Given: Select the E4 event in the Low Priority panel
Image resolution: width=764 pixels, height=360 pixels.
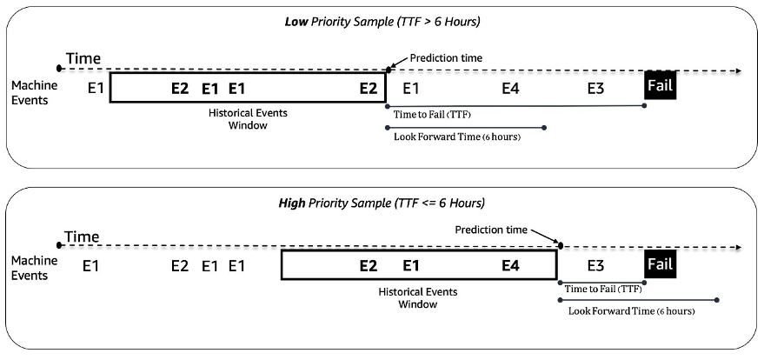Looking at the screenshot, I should coord(511,88).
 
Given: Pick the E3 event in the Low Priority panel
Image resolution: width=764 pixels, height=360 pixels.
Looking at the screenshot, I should coord(595,88).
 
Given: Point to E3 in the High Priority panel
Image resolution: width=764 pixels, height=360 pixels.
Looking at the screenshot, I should coord(596,265).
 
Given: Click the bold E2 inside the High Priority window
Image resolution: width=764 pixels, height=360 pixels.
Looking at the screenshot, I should coord(369,265).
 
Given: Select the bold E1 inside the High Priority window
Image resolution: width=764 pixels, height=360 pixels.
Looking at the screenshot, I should coord(411,265).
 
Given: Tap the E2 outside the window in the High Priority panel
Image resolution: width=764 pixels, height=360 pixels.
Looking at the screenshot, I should coord(180,265).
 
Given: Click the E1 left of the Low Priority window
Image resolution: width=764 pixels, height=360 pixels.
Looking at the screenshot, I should coord(95,88).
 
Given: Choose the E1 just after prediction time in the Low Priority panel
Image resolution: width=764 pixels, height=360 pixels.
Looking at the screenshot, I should coord(411,88).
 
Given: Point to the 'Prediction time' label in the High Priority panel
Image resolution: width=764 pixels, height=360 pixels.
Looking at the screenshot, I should coord(491,230).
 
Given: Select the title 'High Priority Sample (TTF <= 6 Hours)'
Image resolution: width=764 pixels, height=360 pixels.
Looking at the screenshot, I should coord(382,203).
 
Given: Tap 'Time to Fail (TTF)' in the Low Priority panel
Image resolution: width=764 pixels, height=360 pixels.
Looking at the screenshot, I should coord(432,115).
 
